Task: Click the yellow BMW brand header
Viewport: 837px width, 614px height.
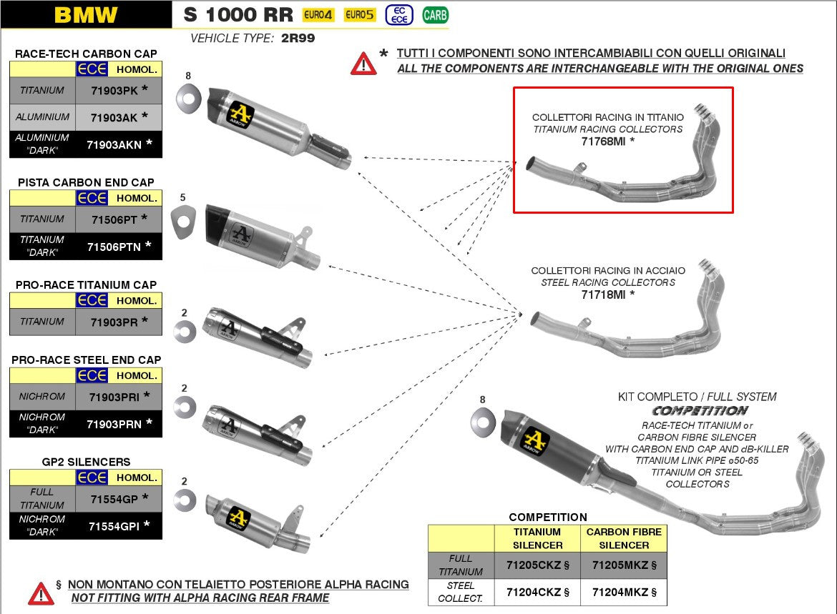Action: pyautogui.click(x=86, y=14)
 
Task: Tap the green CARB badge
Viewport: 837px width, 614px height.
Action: pyautogui.click(x=435, y=14)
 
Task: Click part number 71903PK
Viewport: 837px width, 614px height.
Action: pyautogui.click(x=114, y=91)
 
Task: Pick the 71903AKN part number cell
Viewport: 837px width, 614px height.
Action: pyautogui.click(x=114, y=144)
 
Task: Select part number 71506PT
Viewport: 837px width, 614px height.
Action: pyautogui.click(x=114, y=219)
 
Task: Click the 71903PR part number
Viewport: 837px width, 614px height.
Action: pyautogui.click(x=114, y=322)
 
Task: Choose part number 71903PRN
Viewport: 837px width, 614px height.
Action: pyautogui.click(x=114, y=424)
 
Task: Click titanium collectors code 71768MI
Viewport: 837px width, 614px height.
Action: pyautogui.click(x=604, y=142)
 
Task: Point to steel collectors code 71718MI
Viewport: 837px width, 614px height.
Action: pyautogui.click(x=604, y=294)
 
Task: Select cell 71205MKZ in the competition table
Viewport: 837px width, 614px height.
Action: pyautogui.click(x=623, y=565)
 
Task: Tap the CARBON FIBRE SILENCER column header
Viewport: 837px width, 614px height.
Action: pyautogui.click(x=623, y=538)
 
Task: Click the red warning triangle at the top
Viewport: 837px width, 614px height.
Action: pyautogui.click(x=363, y=64)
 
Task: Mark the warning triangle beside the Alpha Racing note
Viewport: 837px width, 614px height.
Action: pyautogui.click(x=41, y=592)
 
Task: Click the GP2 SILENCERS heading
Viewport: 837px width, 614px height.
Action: pyautogui.click(x=86, y=462)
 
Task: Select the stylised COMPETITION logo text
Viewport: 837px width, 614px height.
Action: pyautogui.click(x=700, y=411)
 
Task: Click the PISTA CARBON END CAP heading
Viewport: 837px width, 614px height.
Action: pyautogui.click(x=86, y=182)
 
